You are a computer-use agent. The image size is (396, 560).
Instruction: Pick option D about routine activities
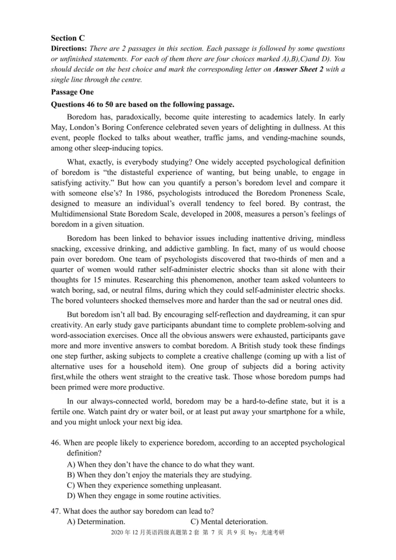click(144, 495)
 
